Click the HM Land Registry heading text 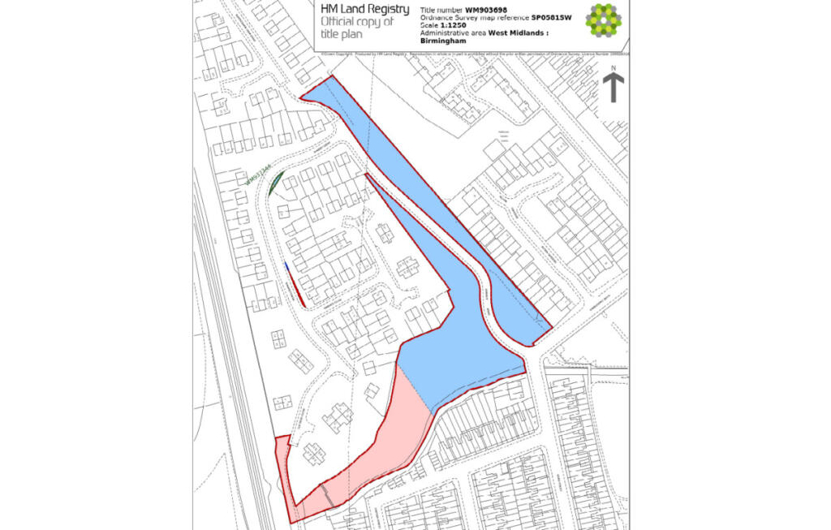pos(364,9)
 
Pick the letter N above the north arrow pos(614,69)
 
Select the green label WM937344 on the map pos(258,176)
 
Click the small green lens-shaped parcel pos(276,183)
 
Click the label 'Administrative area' pos(450,32)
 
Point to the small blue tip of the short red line pos(286,265)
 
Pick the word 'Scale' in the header pos(429,24)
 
